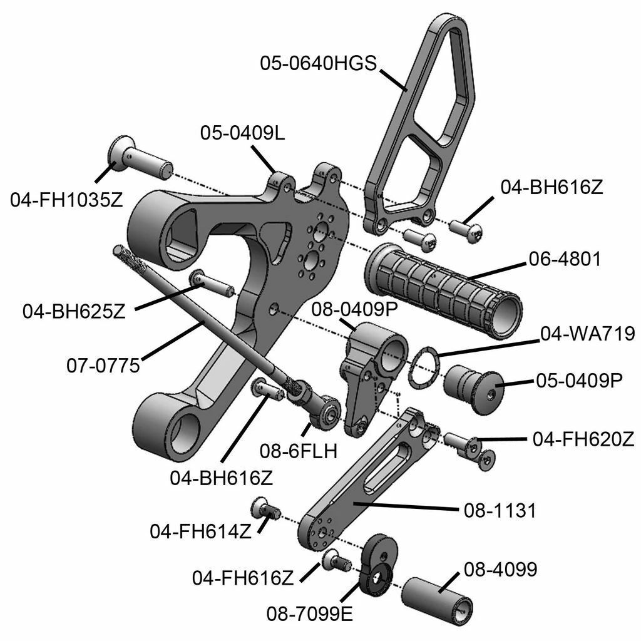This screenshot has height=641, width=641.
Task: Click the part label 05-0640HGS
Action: (x=318, y=63)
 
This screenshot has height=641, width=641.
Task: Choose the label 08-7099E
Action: (x=310, y=612)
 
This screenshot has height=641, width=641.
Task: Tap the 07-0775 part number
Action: (x=103, y=364)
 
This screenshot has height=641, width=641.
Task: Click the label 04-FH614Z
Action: (x=200, y=531)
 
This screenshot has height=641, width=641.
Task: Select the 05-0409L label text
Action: (x=243, y=133)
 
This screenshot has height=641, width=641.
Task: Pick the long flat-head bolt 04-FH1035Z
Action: (x=139, y=156)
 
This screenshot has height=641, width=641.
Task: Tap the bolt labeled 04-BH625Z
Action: (x=213, y=282)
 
